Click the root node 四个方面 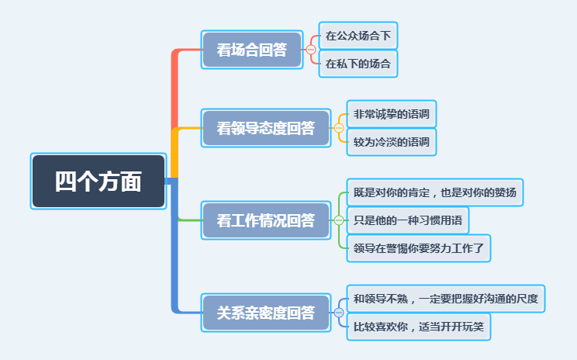click(98, 181)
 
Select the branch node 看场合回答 click(252, 50)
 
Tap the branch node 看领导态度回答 click(266, 128)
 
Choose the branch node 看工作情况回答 click(266, 220)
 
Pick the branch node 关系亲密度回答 click(266, 313)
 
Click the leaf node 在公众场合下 click(358, 36)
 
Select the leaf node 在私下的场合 click(358, 64)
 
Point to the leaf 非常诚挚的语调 click(392, 114)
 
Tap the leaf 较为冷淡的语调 click(392, 142)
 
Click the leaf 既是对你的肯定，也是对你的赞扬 click(435, 192)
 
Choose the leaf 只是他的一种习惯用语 click(408, 220)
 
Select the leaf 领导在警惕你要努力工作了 click(419, 248)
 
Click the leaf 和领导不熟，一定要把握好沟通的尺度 click(446, 299)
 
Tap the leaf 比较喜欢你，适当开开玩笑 click(419, 327)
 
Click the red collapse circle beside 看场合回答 click(311, 50)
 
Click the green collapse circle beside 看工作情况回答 click(339, 220)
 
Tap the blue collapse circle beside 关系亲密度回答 click(339, 313)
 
